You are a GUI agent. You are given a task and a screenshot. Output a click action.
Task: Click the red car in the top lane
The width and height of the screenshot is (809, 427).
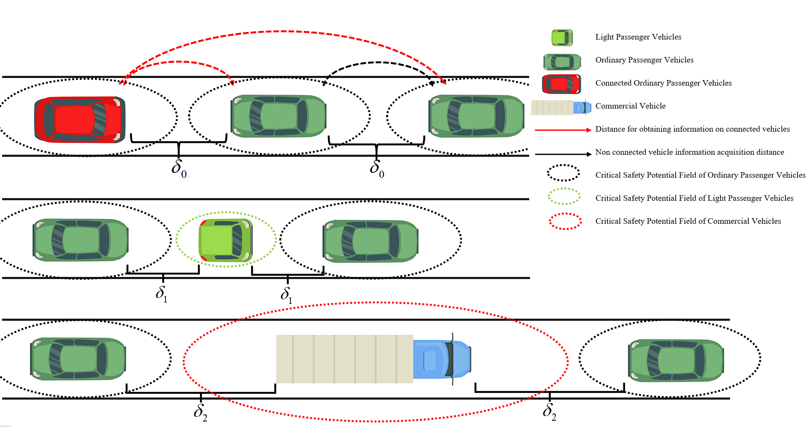[79, 119]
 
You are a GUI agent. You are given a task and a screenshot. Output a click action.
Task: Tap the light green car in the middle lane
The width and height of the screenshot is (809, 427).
[226, 240]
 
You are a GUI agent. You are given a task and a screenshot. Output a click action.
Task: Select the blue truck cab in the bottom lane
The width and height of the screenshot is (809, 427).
[441, 359]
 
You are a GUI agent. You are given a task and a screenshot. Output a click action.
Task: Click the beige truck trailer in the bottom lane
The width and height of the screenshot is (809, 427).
[344, 359]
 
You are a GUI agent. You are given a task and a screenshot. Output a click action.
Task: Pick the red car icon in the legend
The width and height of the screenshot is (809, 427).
[561, 84]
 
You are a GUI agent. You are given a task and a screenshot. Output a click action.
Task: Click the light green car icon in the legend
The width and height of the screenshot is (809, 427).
[562, 38]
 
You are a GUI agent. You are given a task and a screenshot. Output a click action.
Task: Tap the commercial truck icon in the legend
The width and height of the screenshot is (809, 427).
[560, 107]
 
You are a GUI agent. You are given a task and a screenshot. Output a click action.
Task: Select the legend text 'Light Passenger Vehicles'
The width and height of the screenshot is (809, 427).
[638, 37]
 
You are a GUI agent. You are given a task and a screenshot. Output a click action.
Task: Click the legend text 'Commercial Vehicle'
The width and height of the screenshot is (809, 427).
[630, 106]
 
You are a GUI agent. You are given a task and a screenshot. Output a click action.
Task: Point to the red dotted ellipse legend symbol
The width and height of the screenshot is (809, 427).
[565, 221]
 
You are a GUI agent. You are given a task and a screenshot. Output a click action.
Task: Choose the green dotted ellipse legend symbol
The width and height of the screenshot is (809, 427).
[564, 196]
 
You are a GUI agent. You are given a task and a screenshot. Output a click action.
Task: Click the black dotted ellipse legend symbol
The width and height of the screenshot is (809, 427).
[563, 173]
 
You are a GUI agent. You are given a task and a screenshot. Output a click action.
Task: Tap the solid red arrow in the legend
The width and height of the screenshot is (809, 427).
[563, 130]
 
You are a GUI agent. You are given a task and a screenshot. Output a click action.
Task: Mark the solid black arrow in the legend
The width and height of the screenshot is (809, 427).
[563, 154]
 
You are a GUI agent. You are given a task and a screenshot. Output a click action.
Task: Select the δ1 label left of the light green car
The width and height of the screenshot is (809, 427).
[161, 293]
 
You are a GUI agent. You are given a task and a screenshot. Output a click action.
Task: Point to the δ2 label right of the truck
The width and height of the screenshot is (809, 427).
[549, 411]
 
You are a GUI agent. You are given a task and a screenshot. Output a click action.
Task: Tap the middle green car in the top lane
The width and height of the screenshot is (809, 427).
[278, 116]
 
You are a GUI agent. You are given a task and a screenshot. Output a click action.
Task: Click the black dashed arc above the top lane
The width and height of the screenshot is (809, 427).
[378, 63]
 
